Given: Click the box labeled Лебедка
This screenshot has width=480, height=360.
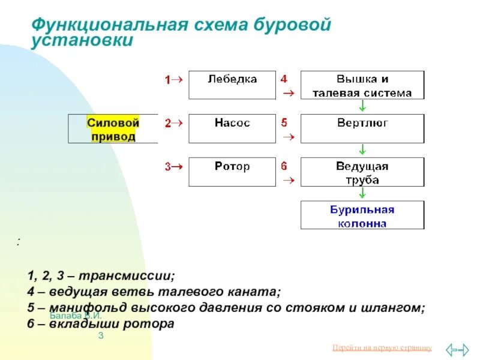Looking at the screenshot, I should tap(232, 85).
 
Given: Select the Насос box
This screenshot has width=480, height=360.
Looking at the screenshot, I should tap(232, 128).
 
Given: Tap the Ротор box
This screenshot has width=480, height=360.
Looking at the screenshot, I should tap(232, 172).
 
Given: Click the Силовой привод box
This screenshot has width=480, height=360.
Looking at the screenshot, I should tap(113, 129).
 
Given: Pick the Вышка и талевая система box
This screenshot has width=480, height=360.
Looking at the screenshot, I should tap(362, 85).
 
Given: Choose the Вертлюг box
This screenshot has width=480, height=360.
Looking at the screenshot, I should tap(362, 128).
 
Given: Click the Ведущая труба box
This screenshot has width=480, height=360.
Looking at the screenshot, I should tap(362, 172).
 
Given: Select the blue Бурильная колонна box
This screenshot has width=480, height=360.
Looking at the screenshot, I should tap(362, 215).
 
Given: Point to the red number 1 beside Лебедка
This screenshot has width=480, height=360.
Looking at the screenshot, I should tap(168, 79).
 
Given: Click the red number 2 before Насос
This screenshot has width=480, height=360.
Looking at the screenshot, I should tap(168, 123).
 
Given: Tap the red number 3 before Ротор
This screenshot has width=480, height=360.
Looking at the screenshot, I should tap(168, 167).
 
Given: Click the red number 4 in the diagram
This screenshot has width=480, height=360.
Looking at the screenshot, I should tap(284, 79).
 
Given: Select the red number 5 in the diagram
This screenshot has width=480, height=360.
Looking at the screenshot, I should tap(284, 122).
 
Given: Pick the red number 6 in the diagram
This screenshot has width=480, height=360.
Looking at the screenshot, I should tap(284, 166).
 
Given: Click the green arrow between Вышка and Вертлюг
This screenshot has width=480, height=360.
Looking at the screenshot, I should tap(362, 106).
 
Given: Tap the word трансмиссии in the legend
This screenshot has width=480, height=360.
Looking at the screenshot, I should tap(133, 277).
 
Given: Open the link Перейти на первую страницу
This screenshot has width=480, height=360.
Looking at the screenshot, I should tap(381, 348).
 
